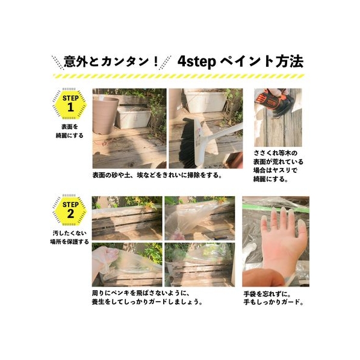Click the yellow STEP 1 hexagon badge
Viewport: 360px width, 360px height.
[x=70, y=104]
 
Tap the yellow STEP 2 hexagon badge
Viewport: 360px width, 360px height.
[x=70, y=209]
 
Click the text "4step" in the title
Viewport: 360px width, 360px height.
[x=197, y=61]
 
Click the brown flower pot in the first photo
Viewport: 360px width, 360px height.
[x=105, y=115]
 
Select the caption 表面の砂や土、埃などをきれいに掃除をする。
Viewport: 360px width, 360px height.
[x=157, y=175]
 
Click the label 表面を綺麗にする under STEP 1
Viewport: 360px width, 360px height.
[x=70, y=131]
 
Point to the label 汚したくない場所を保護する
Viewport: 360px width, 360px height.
[x=70, y=237]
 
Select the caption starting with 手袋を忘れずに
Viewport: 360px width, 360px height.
[x=273, y=298]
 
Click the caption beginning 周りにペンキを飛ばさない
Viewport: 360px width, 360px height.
[x=147, y=297]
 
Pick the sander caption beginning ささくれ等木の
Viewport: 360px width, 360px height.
[x=278, y=166]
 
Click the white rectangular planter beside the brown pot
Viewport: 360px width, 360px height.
[x=134, y=117]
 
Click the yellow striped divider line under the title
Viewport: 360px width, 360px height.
[x=179, y=76]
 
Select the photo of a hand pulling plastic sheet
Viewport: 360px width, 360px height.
[x=127, y=265]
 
